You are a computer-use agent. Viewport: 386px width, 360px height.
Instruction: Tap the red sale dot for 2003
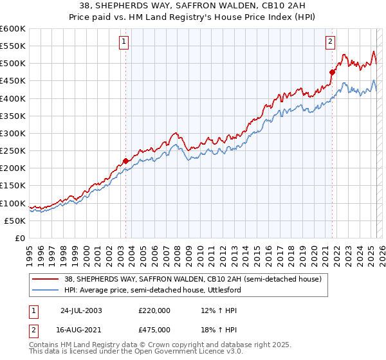[125, 161]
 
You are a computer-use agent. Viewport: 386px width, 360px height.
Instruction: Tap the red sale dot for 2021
[333, 72]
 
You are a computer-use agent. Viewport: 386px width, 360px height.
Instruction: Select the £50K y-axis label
[15, 221]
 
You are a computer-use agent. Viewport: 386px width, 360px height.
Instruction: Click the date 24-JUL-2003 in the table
[81, 310]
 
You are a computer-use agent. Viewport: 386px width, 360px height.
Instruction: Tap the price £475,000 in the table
[154, 329]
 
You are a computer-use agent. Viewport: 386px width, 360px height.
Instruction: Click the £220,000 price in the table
[154, 310]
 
